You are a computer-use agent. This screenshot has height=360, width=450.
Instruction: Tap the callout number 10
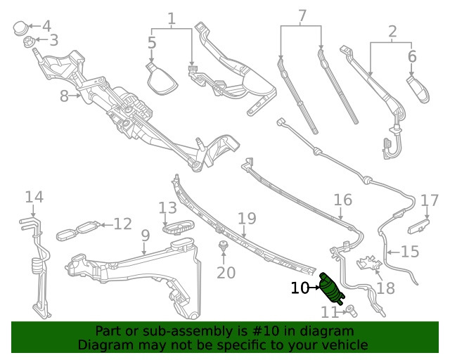coord(300,288)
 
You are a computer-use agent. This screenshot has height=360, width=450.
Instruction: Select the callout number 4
coord(46,27)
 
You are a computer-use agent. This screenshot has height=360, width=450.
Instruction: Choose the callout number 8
coord(64,96)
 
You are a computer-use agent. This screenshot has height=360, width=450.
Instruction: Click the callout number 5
coord(152,42)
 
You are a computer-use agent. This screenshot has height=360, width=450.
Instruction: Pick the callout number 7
coord(302,15)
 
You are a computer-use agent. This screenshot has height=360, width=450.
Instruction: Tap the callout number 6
coord(412,56)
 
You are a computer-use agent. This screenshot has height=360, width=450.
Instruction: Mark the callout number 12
coord(122,224)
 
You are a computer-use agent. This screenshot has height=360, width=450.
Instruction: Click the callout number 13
coord(167,208)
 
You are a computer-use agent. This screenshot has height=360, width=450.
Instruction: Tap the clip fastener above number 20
coord(223,246)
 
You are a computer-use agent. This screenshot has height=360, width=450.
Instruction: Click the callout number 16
coord(342,200)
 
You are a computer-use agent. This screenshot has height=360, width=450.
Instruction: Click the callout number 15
coord(409,250)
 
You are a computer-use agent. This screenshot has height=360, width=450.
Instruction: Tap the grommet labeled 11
coord(349,307)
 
